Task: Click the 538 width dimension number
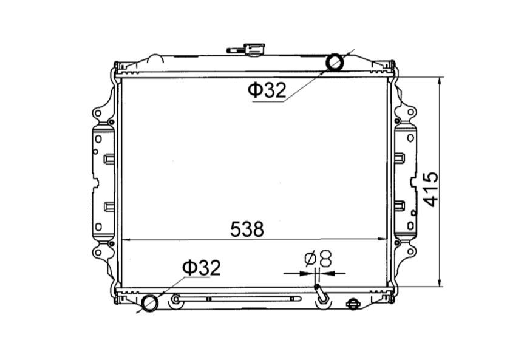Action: (x=247, y=229)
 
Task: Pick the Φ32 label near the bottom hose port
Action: (x=202, y=268)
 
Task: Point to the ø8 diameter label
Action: (x=318, y=259)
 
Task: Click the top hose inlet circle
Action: (x=335, y=62)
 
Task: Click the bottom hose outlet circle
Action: (x=149, y=302)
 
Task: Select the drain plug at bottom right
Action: (x=352, y=304)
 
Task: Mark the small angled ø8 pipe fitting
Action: (x=321, y=296)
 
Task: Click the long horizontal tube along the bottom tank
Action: (x=237, y=299)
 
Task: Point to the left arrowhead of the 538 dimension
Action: (x=124, y=240)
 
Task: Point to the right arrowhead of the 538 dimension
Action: (x=384, y=240)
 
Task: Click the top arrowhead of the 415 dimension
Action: (x=439, y=81)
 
